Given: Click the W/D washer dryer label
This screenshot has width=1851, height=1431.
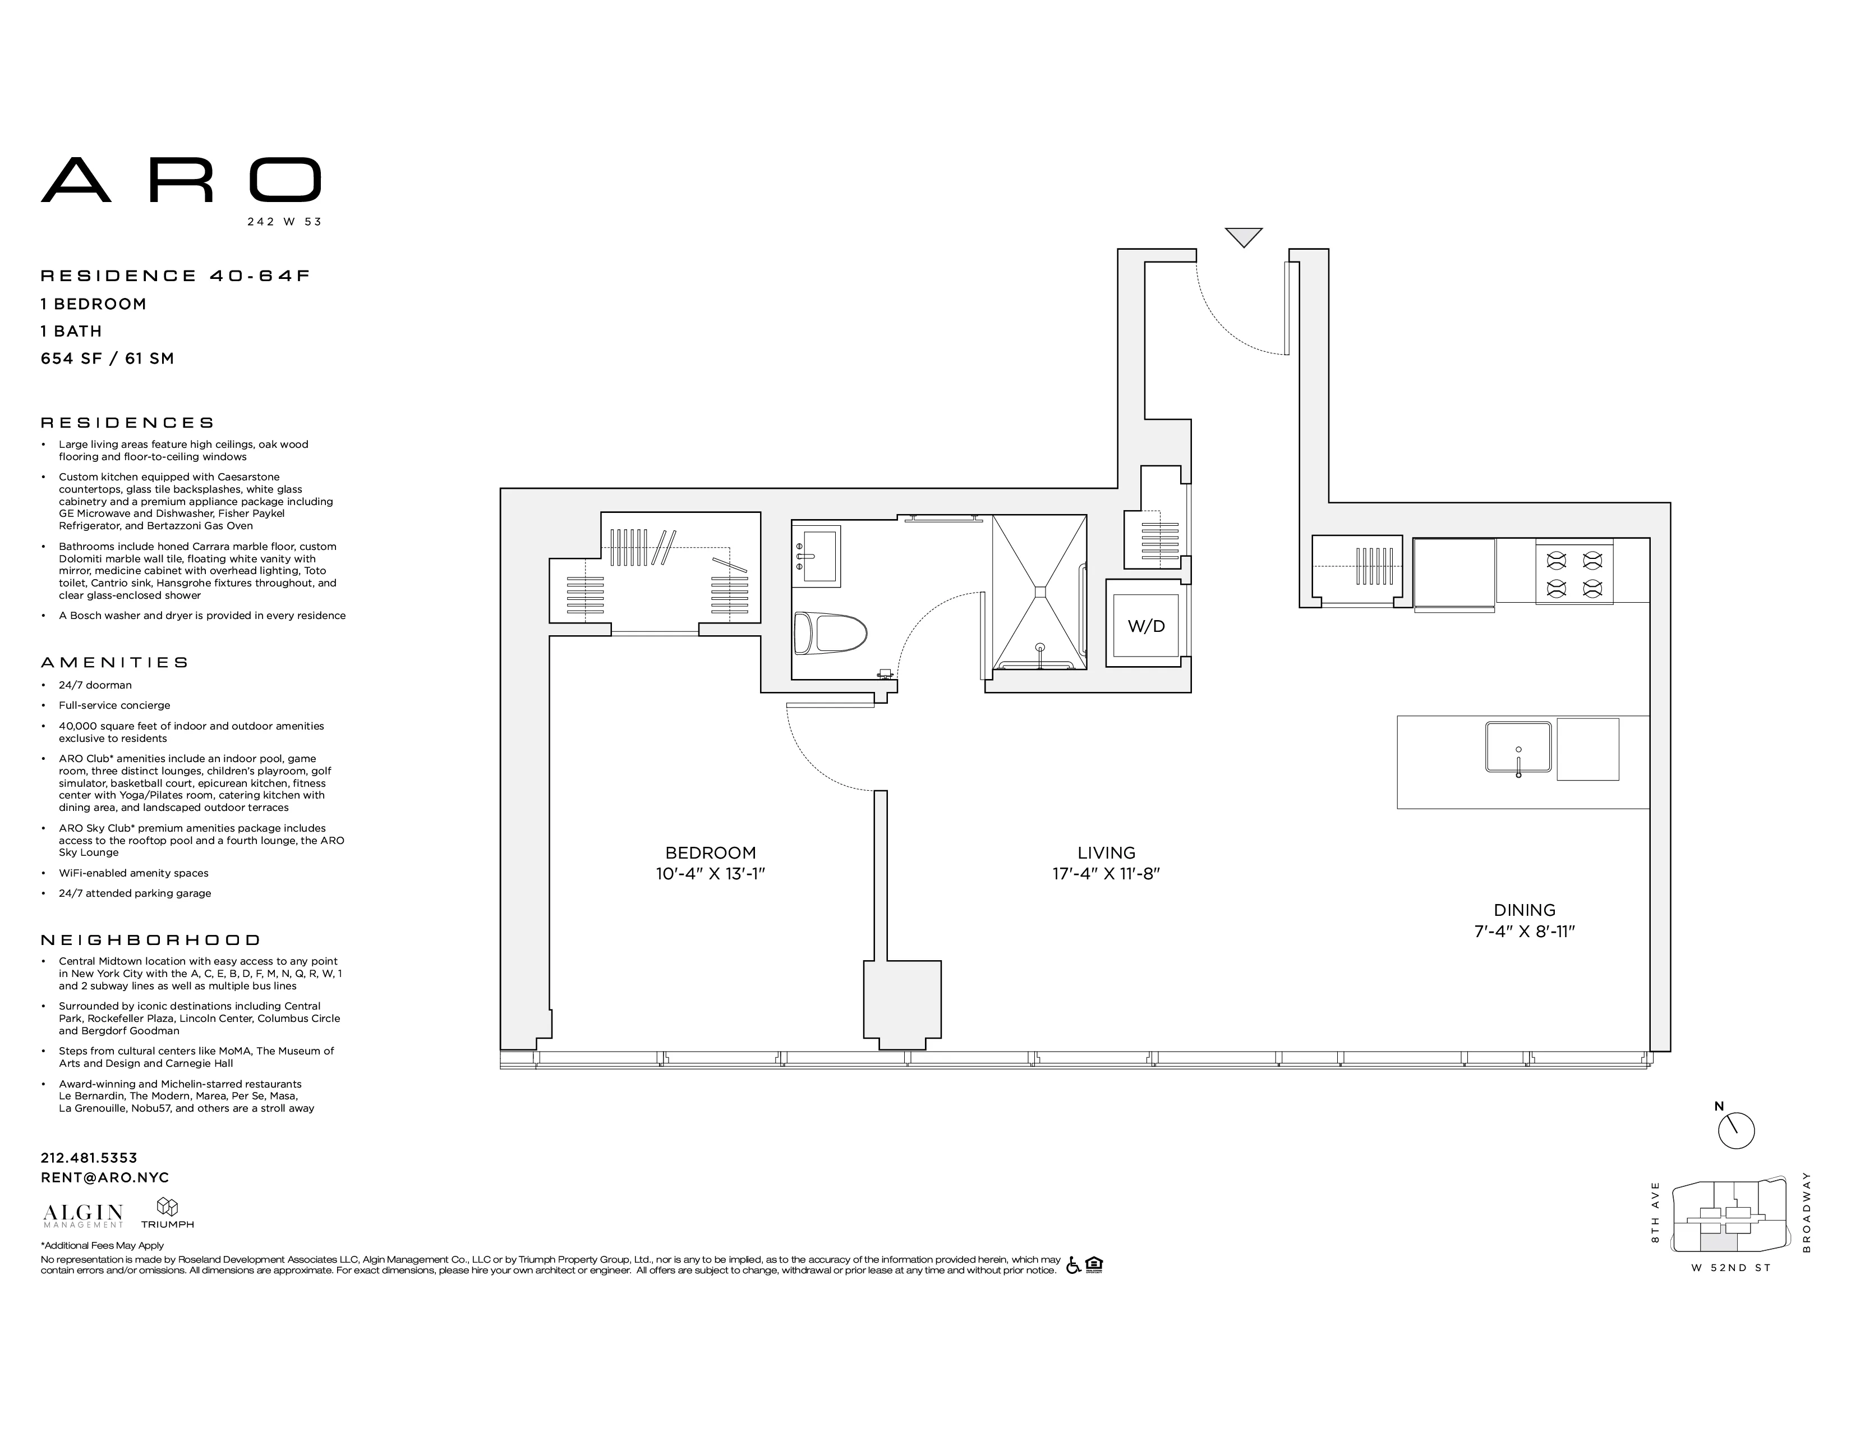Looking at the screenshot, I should click(x=1146, y=626).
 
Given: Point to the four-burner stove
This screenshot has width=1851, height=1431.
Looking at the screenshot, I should click(x=1574, y=573).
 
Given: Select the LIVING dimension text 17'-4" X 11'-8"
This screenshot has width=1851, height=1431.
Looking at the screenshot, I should click(x=1106, y=874).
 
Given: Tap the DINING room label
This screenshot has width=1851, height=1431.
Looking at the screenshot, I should click(x=1524, y=910).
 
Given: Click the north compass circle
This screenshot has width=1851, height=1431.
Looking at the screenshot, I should click(x=1736, y=1131).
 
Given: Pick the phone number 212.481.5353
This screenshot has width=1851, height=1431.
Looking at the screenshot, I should click(x=89, y=1157).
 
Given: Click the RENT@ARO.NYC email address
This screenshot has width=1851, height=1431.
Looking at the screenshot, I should click(x=105, y=1177).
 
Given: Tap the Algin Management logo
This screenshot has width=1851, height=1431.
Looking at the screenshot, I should click(x=83, y=1216).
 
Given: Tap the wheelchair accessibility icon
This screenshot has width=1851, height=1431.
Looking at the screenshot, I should click(x=1073, y=1265).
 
